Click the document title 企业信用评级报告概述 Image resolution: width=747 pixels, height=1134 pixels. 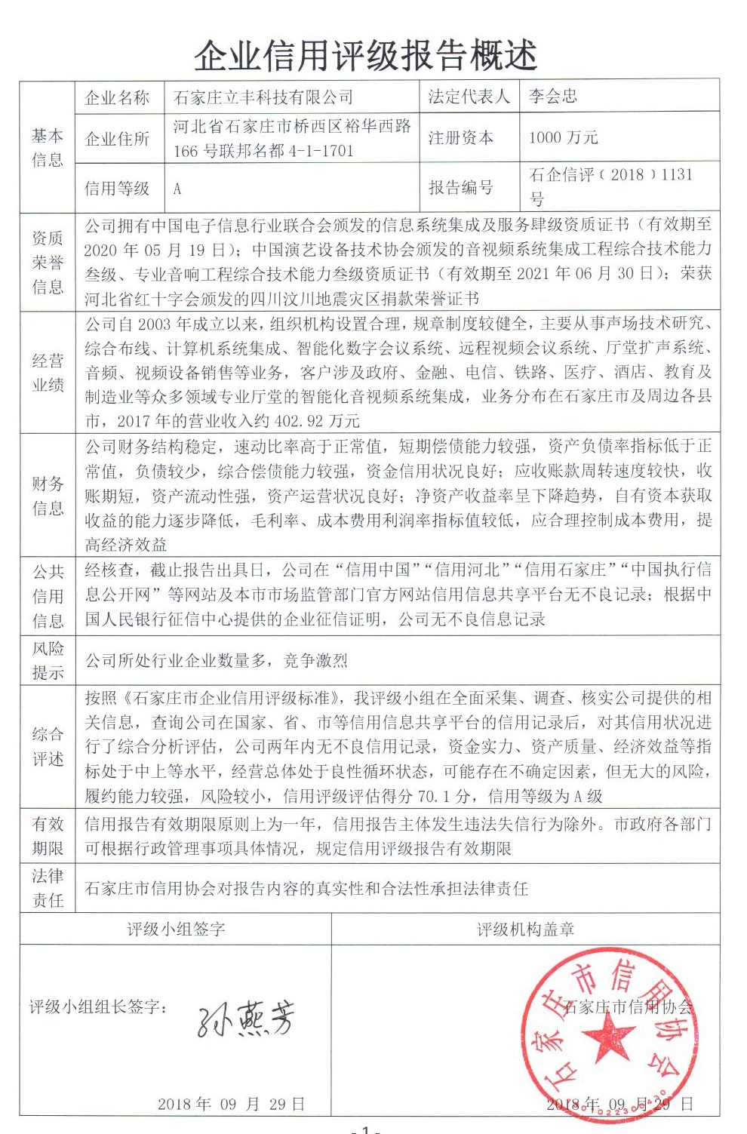[x=366, y=55]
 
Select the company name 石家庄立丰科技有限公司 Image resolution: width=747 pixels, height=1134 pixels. [x=263, y=97]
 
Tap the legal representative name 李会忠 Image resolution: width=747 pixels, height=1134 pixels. [x=552, y=97]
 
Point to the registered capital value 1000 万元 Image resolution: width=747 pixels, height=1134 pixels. [x=563, y=137]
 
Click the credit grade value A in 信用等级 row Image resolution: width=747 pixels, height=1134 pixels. [x=177, y=189]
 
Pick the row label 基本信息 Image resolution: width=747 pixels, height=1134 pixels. [x=47, y=147]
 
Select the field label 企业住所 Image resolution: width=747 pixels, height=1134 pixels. [x=117, y=139]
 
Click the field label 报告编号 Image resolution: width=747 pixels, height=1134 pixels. [x=461, y=187]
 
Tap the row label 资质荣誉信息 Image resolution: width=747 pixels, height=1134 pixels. [x=47, y=263]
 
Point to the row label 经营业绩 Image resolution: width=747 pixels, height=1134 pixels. [x=47, y=373]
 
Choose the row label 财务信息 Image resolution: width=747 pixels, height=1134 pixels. [x=47, y=496]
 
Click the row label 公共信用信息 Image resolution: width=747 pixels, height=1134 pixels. [x=47, y=596]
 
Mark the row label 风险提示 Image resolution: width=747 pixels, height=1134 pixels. [x=47, y=661]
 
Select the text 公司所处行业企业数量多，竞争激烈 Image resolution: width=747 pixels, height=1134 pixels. [x=216, y=661]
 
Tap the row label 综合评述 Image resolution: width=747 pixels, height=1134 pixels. [x=47, y=746]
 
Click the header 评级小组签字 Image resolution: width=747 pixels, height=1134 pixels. [x=176, y=930]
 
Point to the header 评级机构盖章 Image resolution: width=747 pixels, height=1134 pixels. [x=525, y=930]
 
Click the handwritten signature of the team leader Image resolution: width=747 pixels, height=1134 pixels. [x=245, y=1019]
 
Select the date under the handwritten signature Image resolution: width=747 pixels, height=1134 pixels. [x=231, y=1104]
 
